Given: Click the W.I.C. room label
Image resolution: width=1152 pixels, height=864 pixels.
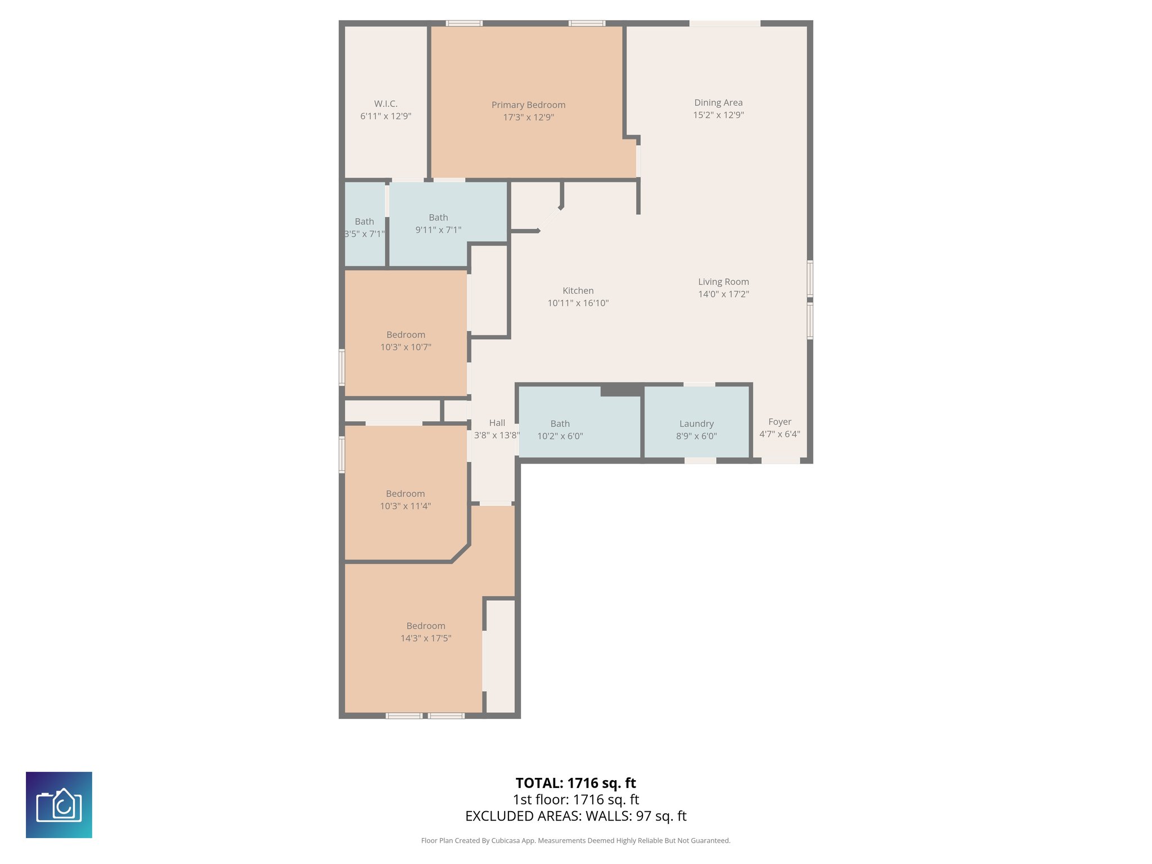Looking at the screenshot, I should [x=385, y=103].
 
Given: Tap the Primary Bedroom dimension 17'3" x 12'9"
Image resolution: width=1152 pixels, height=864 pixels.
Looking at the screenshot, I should [x=528, y=118].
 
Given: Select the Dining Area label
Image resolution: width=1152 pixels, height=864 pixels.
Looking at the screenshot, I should [x=718, y=102].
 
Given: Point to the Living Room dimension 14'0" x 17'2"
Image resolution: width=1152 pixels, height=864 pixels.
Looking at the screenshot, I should [x=723, y=294].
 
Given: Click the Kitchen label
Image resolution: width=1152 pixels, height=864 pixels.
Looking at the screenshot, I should [x=578, y=291].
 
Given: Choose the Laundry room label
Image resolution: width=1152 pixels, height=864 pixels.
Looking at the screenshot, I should [x=696, y=424].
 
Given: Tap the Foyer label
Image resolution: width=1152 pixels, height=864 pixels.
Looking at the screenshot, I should [x=780, y=422].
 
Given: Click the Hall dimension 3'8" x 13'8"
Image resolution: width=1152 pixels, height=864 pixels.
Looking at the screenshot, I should [x=496, y=435].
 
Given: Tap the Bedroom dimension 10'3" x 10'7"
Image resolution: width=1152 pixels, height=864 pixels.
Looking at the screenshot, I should [x=406, y=347].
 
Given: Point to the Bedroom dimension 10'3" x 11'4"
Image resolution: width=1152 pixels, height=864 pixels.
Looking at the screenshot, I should [x=405, y=506].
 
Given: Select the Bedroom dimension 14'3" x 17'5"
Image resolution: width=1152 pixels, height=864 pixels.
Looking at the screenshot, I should [x=426, y=638].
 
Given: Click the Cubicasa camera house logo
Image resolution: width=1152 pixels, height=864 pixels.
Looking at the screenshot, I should [x=59, y=805].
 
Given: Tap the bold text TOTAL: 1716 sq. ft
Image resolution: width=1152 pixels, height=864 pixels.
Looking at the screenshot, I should [x=575, y=783].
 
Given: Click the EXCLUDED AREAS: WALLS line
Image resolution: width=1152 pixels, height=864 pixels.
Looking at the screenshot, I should [x=575, y=816].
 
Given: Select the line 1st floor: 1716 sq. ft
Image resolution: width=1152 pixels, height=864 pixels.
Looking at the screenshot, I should [x=575, y=799].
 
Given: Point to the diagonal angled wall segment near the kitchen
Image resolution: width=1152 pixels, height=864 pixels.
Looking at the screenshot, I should [x=550, y=219].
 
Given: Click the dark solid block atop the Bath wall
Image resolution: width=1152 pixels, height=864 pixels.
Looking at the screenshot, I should [x=622, y=390].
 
